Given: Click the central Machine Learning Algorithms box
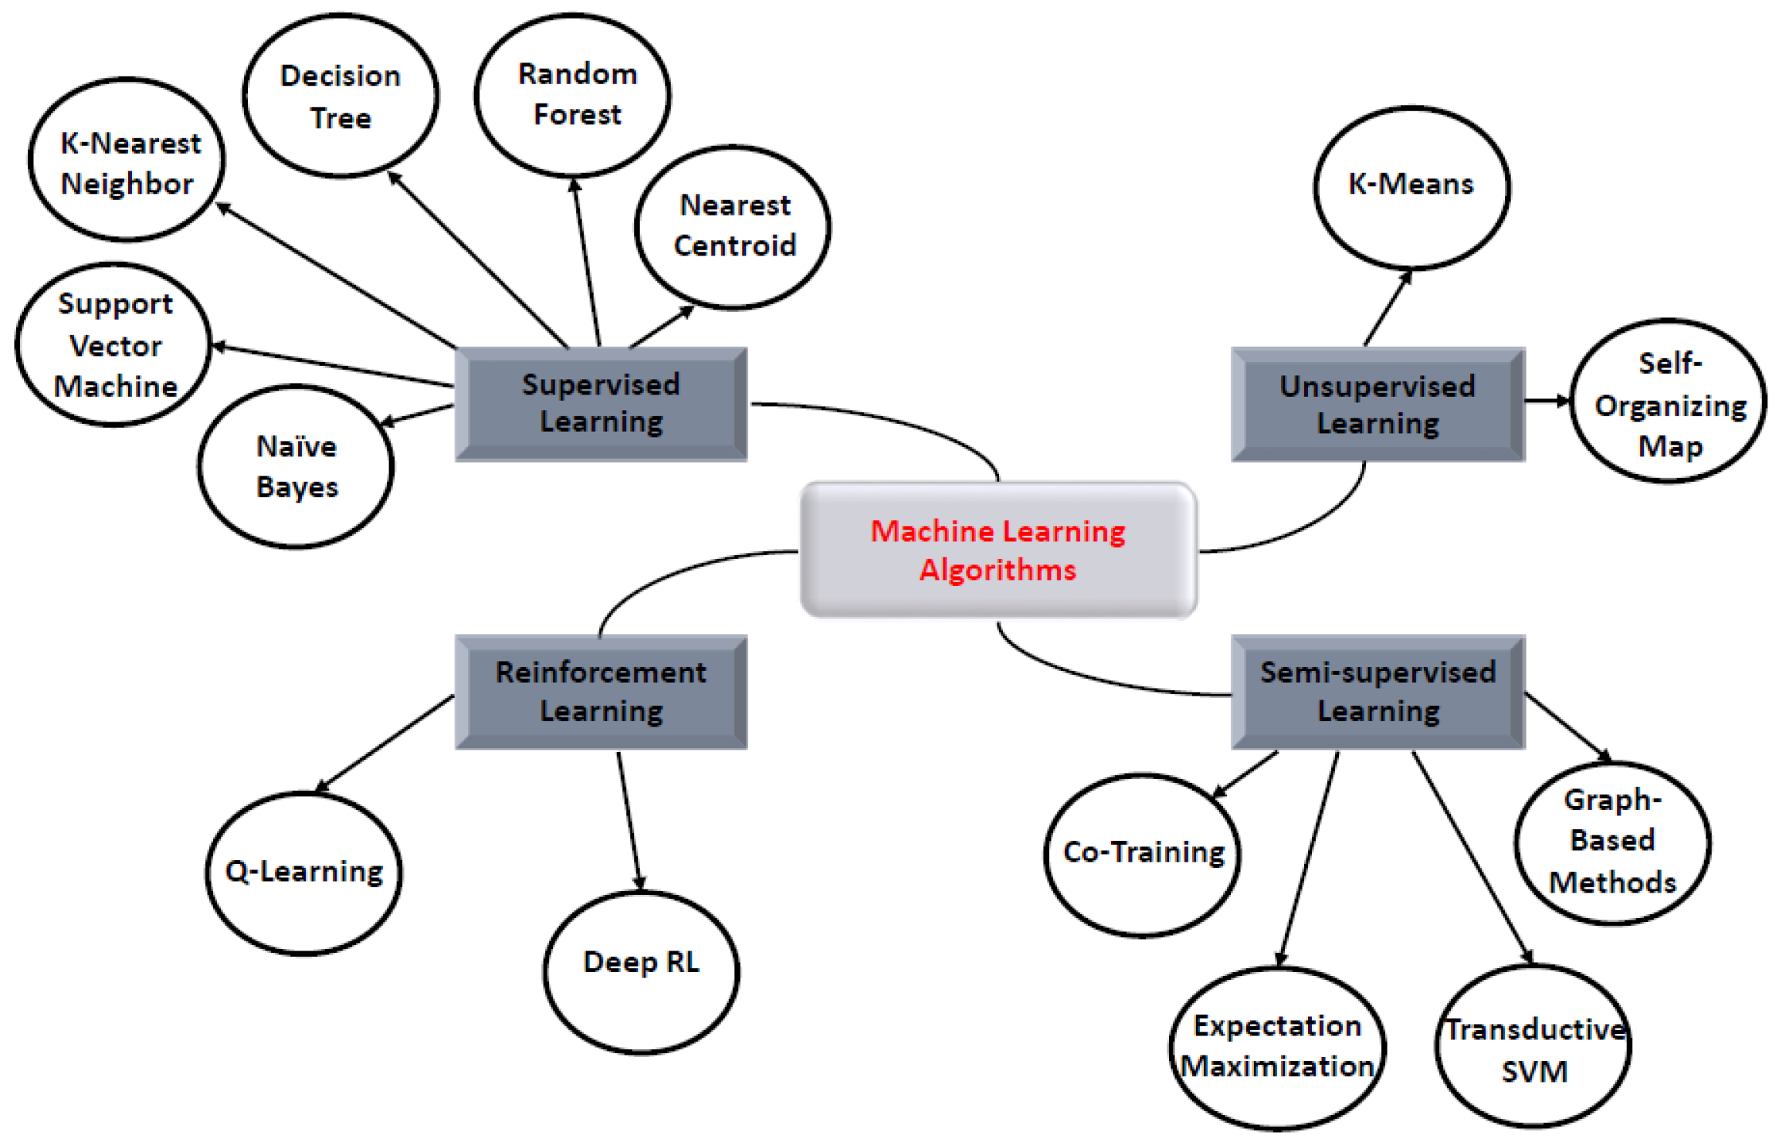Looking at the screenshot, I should (x=998, y=550).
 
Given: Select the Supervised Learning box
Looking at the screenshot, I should (x=601, y=404).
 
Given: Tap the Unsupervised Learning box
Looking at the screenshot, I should (x=1377, y=405).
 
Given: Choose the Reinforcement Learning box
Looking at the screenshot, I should (x=601, y=692).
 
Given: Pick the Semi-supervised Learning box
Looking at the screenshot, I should (x=1377, y=692).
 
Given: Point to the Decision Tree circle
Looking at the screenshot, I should (x=341, y=96).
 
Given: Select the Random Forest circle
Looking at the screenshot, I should (x=572, y=94).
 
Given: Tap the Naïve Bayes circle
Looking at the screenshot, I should (x=296, y=466).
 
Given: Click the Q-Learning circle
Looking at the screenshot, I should (x=303, y=873).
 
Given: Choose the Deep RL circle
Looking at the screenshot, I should (x=641, y=971).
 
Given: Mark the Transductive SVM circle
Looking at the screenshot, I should (x=1533, y=1046).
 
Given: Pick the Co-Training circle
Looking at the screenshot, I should (x=1143, y=854).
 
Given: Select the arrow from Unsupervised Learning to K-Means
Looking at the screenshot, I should (x=1387, y=309).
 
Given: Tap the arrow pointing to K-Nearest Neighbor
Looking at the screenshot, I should (x=336, y=275).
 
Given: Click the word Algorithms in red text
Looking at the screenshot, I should (x=997, y=570).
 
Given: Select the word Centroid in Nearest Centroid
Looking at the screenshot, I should (x=734, y=246).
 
